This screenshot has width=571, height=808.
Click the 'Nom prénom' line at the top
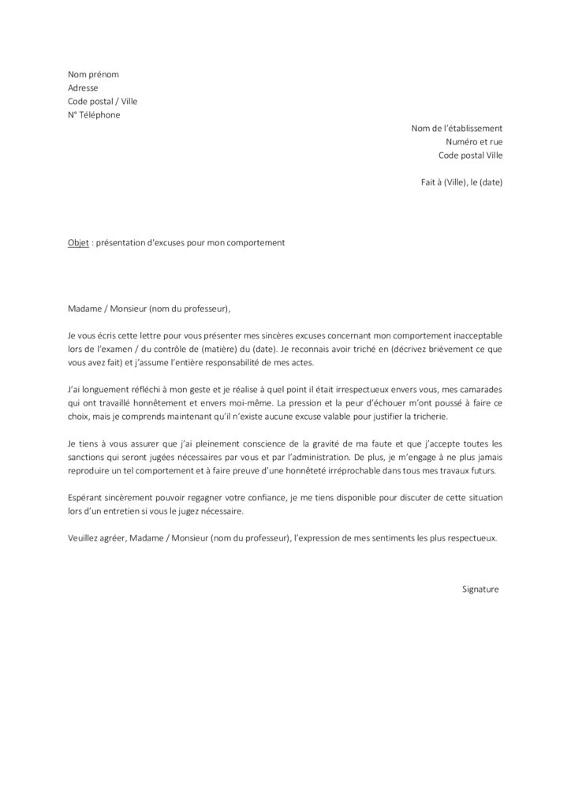point(93,74)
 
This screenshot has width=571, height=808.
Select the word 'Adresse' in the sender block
point(84,88)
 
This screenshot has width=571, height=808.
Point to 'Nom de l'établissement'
point(457,128)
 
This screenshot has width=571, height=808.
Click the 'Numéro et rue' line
point(473,141)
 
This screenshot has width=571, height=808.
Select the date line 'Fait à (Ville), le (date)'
point(461,181)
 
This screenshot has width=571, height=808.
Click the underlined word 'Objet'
point(78,243)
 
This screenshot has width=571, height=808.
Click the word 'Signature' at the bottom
point(480,589)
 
